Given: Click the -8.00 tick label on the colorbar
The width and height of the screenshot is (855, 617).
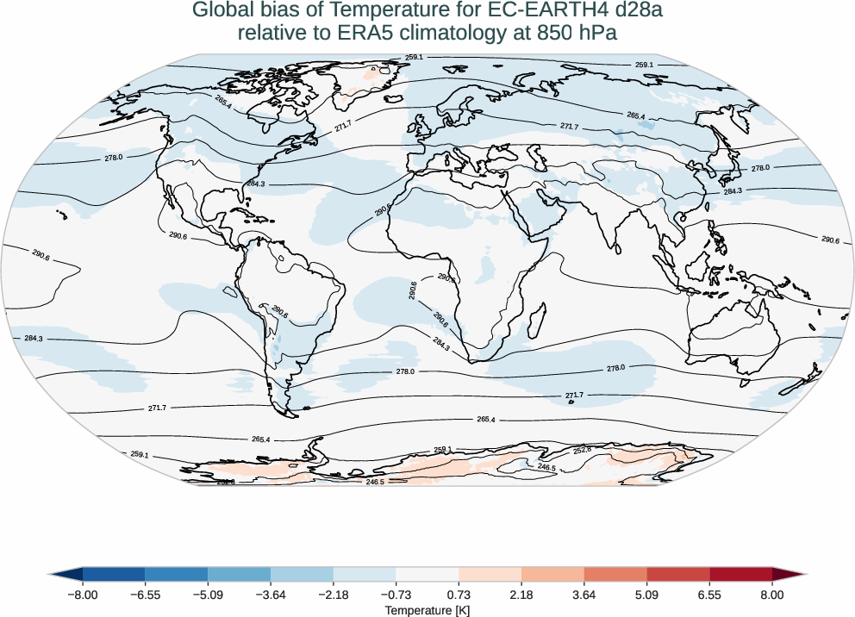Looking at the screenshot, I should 83,595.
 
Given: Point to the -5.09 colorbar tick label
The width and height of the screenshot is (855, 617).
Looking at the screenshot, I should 208,595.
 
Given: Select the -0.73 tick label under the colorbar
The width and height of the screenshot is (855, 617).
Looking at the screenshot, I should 396,595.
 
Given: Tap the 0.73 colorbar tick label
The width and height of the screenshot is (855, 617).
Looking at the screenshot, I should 459,595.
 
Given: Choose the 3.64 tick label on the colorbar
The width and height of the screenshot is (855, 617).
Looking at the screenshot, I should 584,595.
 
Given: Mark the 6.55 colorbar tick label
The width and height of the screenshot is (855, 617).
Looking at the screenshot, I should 709,595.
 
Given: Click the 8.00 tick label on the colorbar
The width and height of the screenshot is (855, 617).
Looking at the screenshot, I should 772,595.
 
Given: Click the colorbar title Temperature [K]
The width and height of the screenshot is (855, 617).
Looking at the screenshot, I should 427,610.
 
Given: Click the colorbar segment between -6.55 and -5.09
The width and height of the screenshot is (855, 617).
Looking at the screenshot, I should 177,574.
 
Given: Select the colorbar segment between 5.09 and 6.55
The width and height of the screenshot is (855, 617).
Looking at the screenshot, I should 678,574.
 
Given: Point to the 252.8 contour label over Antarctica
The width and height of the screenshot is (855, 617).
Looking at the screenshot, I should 583,450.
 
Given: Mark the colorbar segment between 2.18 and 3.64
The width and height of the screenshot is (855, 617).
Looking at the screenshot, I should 552,574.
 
